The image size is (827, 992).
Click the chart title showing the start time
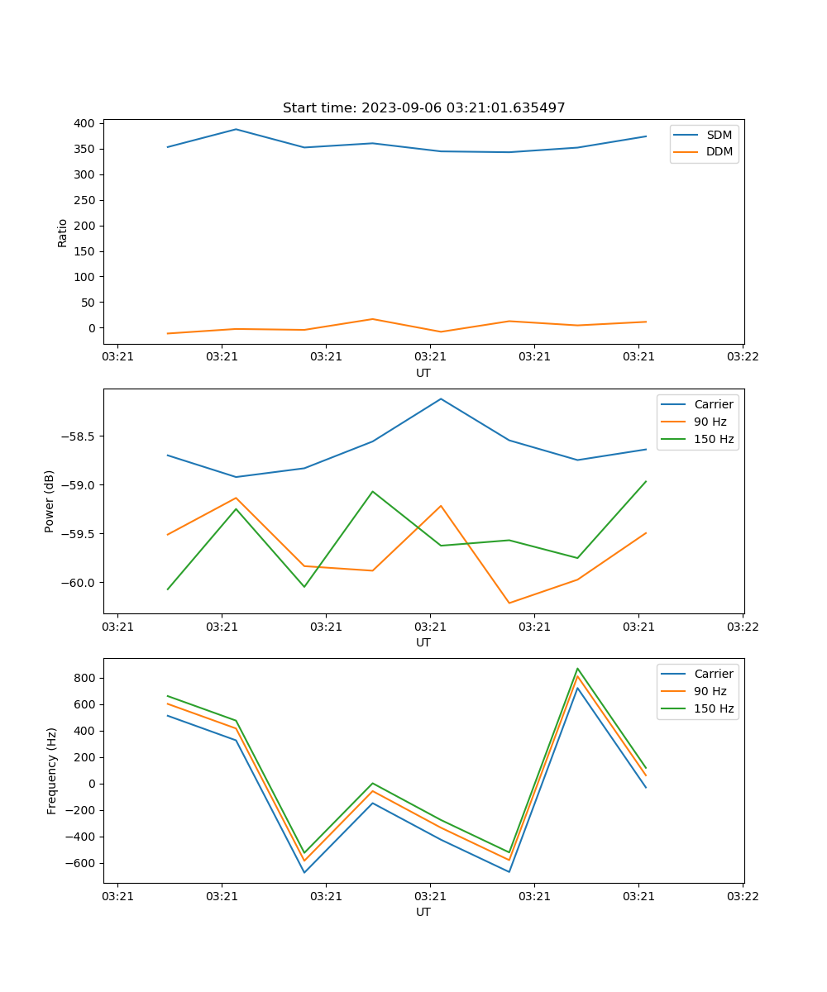(423, 108)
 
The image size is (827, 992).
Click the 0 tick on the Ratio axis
(91, 328)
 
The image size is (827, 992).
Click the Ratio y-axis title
(63, 233)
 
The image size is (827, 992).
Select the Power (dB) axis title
(50, 501)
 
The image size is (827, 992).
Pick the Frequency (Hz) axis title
(52, 770)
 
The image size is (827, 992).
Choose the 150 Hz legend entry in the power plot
(714, 439)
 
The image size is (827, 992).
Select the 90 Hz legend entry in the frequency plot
(710, 691)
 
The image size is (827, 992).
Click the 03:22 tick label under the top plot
(742, 357)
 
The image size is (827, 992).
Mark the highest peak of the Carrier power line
(441, 398)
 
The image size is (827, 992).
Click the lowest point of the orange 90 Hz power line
(509, 603)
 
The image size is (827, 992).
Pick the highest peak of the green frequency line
(577, 669)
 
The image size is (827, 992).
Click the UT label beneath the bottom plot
(423, 912)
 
